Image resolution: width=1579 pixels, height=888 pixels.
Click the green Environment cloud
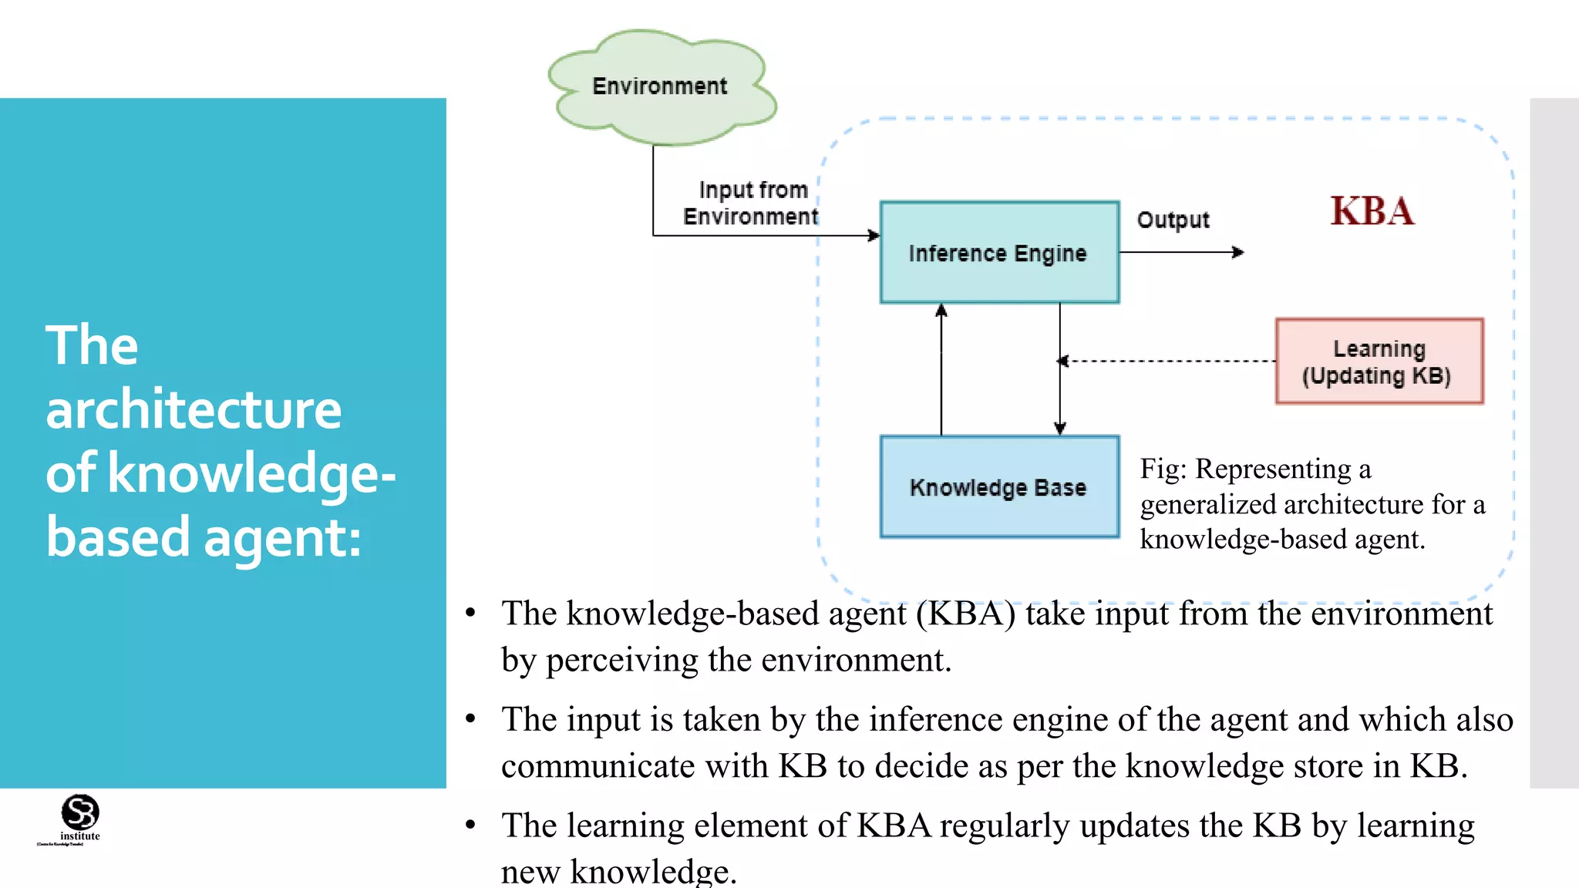(662, 86)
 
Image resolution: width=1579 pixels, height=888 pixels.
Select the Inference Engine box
(999, 253)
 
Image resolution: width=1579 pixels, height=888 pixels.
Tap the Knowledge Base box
(999, 487)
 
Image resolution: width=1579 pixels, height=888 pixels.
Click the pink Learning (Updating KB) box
(1379, 362)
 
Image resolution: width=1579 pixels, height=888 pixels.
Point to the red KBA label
(1372, 211)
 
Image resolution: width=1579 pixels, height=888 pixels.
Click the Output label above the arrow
(1173, 220)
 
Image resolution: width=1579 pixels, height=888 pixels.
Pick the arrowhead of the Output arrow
(1238, 252)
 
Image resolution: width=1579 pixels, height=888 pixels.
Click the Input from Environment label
(750, 203)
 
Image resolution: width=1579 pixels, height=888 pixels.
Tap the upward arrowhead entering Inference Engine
(941, 311)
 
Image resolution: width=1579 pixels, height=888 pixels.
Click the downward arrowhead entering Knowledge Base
(1060, 428)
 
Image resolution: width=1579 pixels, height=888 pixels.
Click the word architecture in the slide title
(194, 409)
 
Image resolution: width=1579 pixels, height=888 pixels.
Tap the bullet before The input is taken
(470, 719)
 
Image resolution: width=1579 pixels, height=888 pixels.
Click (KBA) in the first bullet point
(965, 614)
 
